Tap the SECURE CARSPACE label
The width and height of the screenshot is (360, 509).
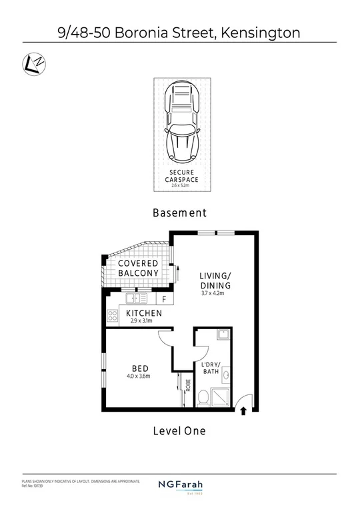pos(181,176)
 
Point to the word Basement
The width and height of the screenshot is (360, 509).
pos(179,213)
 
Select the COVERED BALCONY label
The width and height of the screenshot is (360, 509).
pos(139,268)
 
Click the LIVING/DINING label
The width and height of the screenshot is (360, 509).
pos(215,282)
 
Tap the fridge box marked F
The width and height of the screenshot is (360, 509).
pos(164,299)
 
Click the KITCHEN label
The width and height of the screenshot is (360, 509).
pos(144,314)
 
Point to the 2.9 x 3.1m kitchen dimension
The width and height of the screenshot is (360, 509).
pos(141,322)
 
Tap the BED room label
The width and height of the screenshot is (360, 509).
pos(140,368)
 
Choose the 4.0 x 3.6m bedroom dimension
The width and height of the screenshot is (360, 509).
pos(138,376)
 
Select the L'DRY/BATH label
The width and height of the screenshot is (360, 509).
pos(215,368)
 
